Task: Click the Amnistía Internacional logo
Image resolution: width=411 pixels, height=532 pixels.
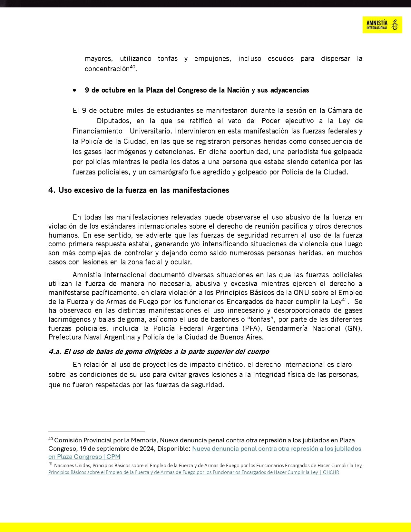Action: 382,25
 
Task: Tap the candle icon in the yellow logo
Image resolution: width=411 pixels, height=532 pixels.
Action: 395,25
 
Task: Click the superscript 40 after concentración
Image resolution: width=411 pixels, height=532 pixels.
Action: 132,67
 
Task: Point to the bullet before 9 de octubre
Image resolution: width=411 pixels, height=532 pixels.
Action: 75,90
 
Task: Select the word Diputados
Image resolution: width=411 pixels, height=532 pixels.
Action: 113,121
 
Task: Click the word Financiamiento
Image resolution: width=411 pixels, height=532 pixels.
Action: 97,131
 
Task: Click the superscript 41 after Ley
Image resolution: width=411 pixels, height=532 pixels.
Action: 344,300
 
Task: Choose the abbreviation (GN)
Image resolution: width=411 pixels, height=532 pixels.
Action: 353,328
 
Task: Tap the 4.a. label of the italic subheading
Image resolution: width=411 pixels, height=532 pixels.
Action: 55,351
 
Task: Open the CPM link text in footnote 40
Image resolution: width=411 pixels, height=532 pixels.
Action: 113,457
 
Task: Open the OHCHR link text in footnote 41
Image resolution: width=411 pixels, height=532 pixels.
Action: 331,472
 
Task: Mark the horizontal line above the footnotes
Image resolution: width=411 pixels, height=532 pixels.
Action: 97,431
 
